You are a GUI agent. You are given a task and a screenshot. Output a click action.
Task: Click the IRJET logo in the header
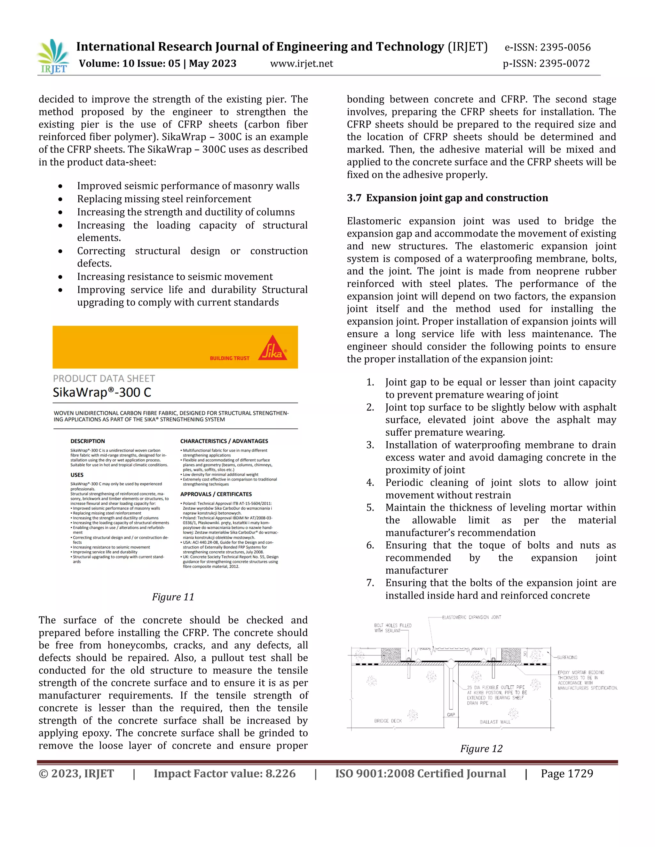pos(53,57)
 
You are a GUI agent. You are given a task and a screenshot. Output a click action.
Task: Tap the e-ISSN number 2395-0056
pos(565,47)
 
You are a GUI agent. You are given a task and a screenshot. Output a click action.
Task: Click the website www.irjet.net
pos(302,64)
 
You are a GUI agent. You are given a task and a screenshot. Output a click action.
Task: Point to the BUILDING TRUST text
pos(230,358)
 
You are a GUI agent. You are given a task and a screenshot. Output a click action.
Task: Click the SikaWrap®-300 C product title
pos(102,392)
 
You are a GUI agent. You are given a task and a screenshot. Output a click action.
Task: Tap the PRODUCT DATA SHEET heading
pos(104,378)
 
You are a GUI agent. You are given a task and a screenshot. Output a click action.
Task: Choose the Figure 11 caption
pos(173,597)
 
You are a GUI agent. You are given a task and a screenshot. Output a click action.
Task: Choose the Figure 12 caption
pos(481,749)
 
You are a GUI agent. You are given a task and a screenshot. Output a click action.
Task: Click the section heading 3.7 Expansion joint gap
pos(447,198)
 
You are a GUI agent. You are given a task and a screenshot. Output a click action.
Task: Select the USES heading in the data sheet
pos(77,475)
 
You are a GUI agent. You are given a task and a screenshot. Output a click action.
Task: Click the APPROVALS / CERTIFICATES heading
pos(216,494)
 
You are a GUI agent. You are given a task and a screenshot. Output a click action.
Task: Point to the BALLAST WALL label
pos(495,722)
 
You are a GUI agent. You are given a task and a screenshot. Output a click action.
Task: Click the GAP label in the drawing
pos(451,714)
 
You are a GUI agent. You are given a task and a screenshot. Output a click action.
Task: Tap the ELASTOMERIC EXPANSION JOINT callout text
pos(471,617)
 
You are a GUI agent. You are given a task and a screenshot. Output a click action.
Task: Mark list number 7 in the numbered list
pos(370,583)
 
